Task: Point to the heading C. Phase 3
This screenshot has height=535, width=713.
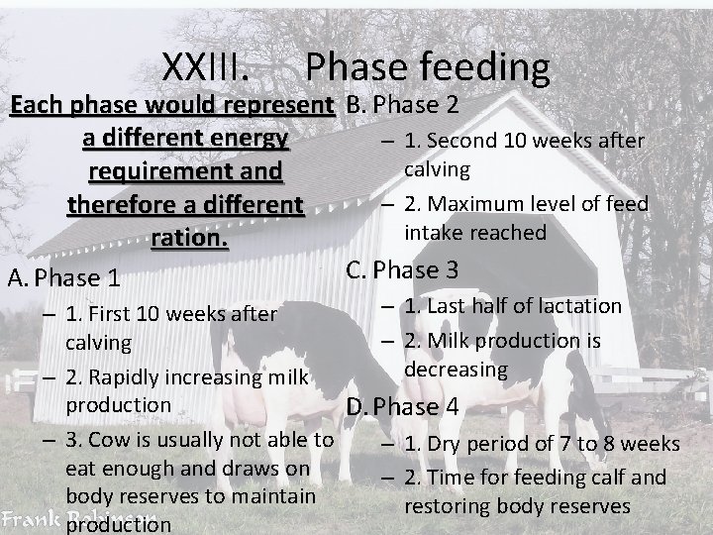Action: pyautogui.click(x=402, y=269)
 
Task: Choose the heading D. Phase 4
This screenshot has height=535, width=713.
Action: pyautogui.click(x=402, y=406)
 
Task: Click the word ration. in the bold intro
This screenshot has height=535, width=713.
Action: pyautogui.click(x=188, y=239)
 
